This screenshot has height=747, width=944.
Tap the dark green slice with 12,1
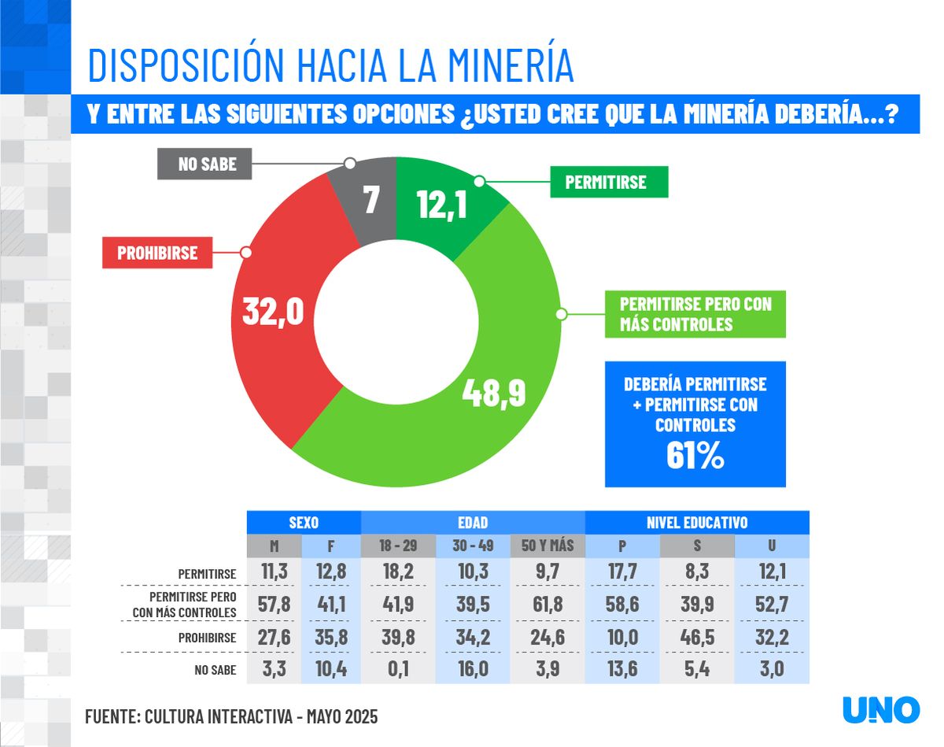440,205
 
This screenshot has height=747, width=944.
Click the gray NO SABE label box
207,165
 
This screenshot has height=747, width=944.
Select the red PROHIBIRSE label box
157,253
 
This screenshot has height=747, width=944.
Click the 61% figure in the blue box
695,457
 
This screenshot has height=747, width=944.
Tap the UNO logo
880,709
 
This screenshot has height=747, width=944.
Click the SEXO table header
303,522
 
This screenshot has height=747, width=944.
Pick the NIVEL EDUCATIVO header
696,522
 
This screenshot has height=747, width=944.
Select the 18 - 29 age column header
397,546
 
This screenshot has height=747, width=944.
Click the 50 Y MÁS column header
548,546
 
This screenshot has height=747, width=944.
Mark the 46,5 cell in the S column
697,638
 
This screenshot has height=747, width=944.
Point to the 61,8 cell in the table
548,605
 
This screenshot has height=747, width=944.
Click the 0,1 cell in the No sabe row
397,671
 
